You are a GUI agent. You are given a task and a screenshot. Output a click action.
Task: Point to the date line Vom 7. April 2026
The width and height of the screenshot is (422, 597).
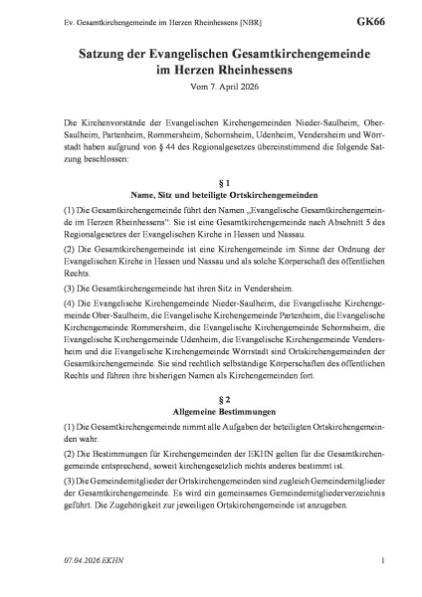coord(210,87)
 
